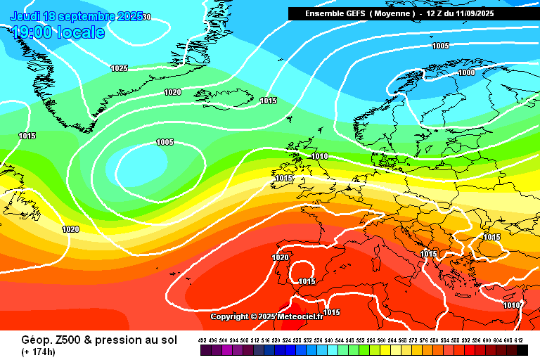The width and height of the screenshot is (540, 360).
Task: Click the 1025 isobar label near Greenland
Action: pyautogui.click(x=119, y=68)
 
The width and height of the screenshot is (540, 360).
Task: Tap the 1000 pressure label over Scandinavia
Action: pyautogui.click(x=466, y=72)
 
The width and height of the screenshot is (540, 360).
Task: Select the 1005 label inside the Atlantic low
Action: pyautogui.click(x=165, y=142)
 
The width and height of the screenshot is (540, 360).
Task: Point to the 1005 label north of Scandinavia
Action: pyautogui.click(x=440, y=46)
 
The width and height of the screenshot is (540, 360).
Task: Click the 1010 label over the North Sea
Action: pyautogui.click(x=319, y=156)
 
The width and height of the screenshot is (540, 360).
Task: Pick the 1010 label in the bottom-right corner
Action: pyautogui.click(x=513, y=305)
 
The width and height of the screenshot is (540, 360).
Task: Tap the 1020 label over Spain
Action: pyautogui.click(x=280, y=257)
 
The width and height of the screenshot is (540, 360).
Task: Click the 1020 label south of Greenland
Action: pyautogui.click(x=172, y=92)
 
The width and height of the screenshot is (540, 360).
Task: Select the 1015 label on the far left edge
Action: pyautogui.click(x=27, y=136)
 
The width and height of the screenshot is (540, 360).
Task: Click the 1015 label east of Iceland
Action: pyautogui.click(x=268, y=101)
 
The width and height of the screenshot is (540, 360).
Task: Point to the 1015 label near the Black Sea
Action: pyautogui.click(x=491, y=237)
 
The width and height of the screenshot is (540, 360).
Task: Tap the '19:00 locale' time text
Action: pyautogui.click(x=58, y=32)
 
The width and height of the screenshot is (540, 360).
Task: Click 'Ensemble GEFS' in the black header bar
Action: pyautogui.click(x=335, y=13)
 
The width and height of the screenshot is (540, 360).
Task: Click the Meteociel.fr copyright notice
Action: pyautogui.click(x=266, y=316)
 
